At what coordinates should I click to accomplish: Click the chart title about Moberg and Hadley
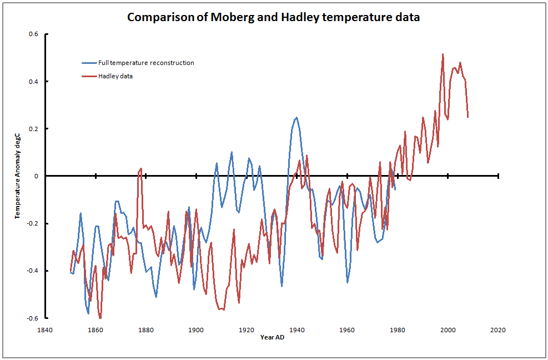click(x=273, y=17)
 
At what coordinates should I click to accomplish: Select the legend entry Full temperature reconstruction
click(x=146, y=63)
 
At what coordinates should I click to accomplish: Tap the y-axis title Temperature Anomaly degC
click(x=18, y=176)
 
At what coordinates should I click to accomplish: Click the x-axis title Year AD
click(x=272, y=337)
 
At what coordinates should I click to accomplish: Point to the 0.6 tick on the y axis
click(x=33, y=34)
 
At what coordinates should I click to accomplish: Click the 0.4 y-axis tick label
click(x=33, y=82)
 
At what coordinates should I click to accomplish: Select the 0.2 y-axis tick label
click(x=33, y=129)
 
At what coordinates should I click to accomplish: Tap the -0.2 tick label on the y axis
click(x=32, y=224)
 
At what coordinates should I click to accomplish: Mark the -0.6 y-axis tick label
click(x=32, y=318)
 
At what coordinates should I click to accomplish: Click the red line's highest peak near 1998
click(x=443, y=54)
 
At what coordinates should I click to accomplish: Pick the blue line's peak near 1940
click(x=296, y=117)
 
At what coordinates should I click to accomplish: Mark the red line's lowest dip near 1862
click(x=100, y=318)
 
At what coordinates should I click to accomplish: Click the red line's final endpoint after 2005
click(x=468, y=117)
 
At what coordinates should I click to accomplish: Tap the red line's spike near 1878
click(x=141, y=168)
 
